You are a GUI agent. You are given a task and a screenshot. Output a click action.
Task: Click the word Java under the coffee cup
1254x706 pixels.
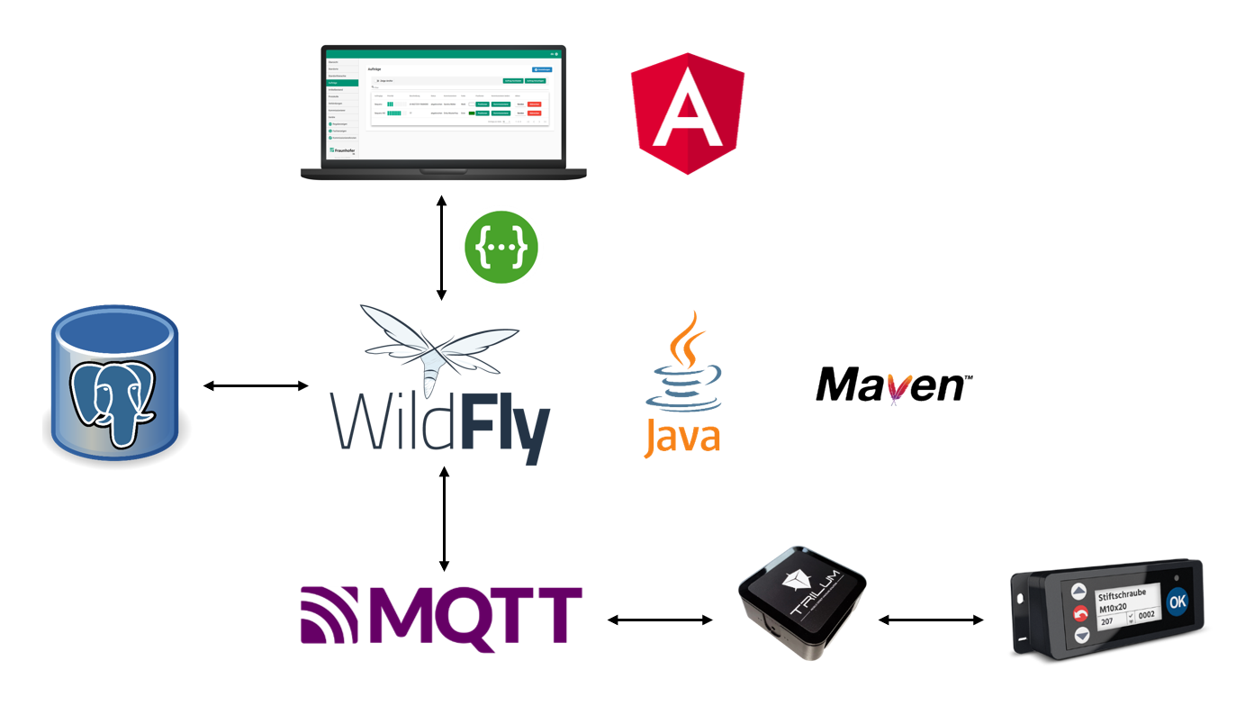[x=681, y=435]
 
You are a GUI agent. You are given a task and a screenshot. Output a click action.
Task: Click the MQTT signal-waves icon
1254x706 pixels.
[x=329, y=619]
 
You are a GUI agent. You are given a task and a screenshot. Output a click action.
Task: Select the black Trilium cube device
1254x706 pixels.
[x=801, y=601]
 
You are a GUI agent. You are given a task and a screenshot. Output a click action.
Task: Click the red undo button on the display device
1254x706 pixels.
[x=1080, y=615]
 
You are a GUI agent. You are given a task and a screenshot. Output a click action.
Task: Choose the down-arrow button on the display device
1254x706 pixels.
[x=1080, y=636]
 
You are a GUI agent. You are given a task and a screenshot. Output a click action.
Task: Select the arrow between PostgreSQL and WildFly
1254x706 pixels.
[x=256, y=386]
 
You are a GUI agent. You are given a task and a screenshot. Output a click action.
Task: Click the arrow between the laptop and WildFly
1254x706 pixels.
[x=441, y=247]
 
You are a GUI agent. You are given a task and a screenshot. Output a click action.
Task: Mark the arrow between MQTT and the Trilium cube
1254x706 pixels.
[x=660, y=620]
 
